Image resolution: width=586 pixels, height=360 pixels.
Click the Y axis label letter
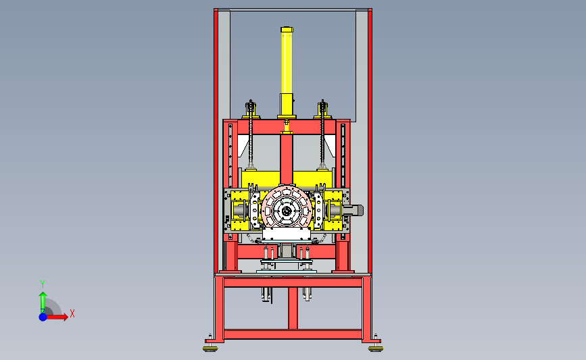click(x=42, y=284)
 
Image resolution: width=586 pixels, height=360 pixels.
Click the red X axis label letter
click(x=72, y=313)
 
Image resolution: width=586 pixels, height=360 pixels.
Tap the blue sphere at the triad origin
click(x=43, y=317)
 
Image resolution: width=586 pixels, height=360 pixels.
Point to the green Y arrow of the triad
click(x=43, y=303)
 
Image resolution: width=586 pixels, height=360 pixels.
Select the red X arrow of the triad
click(x=57, y=317)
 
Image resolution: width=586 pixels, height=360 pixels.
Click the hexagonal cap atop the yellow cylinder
click(x=287, y=30)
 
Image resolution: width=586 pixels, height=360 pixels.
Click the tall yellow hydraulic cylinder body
click(x=287, y=63)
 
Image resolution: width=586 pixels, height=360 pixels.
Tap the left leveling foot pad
click(x=210, y=349)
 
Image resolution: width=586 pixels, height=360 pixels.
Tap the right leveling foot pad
click(x=376, y=349)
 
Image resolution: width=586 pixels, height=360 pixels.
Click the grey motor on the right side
click(x=352, y=210)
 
